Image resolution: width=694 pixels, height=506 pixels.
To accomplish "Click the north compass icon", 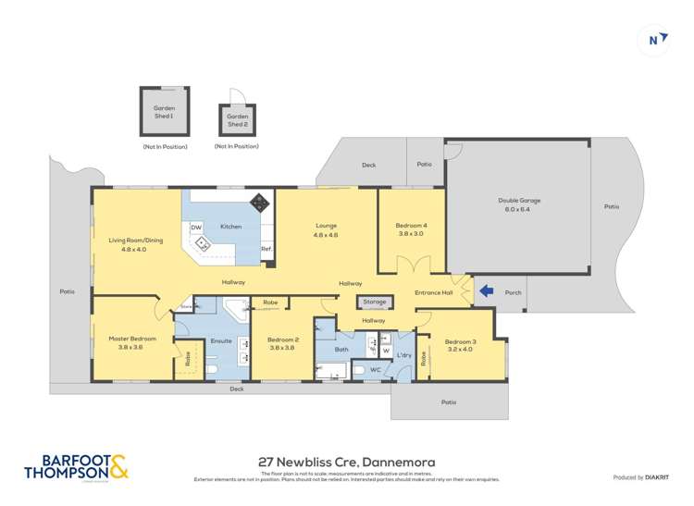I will [x=654, y=39].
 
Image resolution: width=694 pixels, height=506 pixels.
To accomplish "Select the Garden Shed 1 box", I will [x=164, y=114].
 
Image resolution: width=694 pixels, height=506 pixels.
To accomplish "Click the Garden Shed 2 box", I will [x=237, y=120].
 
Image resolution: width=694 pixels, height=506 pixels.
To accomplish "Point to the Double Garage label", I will [x=519, y=201].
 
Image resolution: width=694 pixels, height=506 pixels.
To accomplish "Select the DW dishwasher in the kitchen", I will [x=196, y=227].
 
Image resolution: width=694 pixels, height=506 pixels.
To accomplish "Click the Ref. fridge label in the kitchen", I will [x=266, y=249].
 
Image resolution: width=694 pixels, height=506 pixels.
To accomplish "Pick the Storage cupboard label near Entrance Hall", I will [x=374, y=302].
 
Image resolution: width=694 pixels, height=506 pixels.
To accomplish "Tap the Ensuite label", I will [x=221, y=341].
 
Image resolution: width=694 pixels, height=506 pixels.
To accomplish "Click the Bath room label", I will [x=341, y=349].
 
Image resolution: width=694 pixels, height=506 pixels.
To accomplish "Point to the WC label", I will [x=376, y=370].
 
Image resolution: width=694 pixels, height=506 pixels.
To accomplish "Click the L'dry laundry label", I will [x=403, y=355].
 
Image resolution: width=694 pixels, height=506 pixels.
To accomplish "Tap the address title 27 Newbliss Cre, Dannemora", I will [x=346, y=462].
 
